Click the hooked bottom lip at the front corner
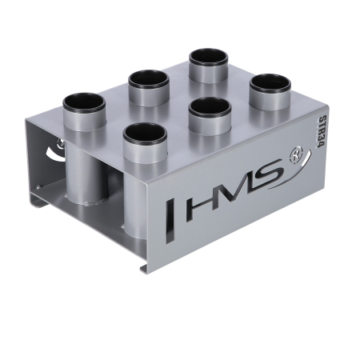(145, 266)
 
